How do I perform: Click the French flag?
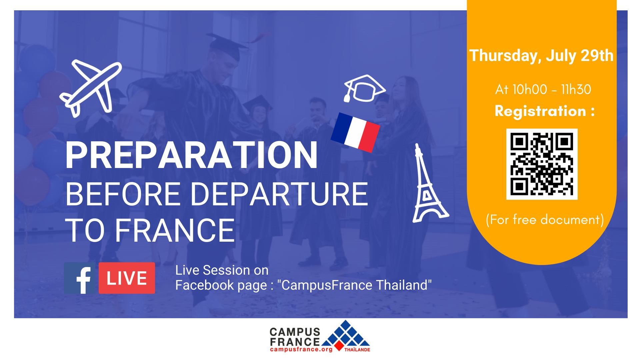[x=355, y=132]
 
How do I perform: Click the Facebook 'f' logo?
[x=80, y=278]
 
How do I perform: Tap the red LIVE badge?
[x=127, y=278]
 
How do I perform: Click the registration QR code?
[x=542, y=164]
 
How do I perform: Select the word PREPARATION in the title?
[x=191, y=156]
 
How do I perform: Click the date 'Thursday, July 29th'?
[x=541, y=55]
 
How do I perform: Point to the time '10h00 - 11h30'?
[x=551, y=89]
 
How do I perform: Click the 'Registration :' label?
[x=545, y=111]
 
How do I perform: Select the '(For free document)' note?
[x=545, y=220]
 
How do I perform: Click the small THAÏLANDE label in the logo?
[x=357, y=350]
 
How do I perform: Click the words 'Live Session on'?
[x=222, y=270]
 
